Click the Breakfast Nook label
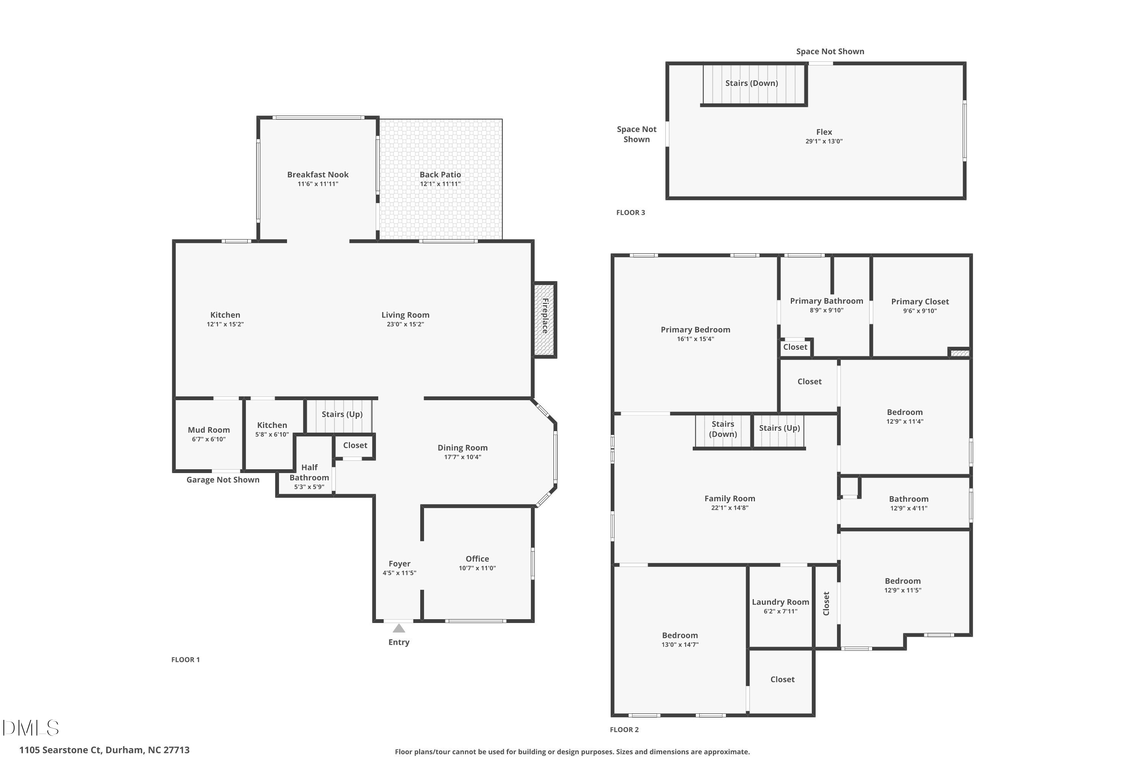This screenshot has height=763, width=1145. point(318,174)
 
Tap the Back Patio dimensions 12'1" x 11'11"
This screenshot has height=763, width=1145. point(440,184)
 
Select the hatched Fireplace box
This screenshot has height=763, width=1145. point(544,320)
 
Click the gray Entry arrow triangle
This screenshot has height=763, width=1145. point(399,628)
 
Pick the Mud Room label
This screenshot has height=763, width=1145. point(209,430)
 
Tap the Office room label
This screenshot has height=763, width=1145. point(477,559)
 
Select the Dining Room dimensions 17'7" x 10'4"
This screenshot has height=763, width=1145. point(463,457)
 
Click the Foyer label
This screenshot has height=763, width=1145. point(399,563)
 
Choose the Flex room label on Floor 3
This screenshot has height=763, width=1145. point(824,132)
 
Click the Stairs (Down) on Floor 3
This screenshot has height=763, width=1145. point(751,83)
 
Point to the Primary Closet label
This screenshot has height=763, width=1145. point(919,301)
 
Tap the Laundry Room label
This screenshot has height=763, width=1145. point(781,602)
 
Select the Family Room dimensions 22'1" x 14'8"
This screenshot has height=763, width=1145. point(729,507)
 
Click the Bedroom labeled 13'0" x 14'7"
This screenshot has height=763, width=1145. point(680,635)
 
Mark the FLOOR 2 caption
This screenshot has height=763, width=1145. point(624,729)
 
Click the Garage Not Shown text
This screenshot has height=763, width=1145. point(223,480)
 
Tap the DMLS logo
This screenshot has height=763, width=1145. point(31,728)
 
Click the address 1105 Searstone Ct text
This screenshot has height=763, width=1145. point(104,750)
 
